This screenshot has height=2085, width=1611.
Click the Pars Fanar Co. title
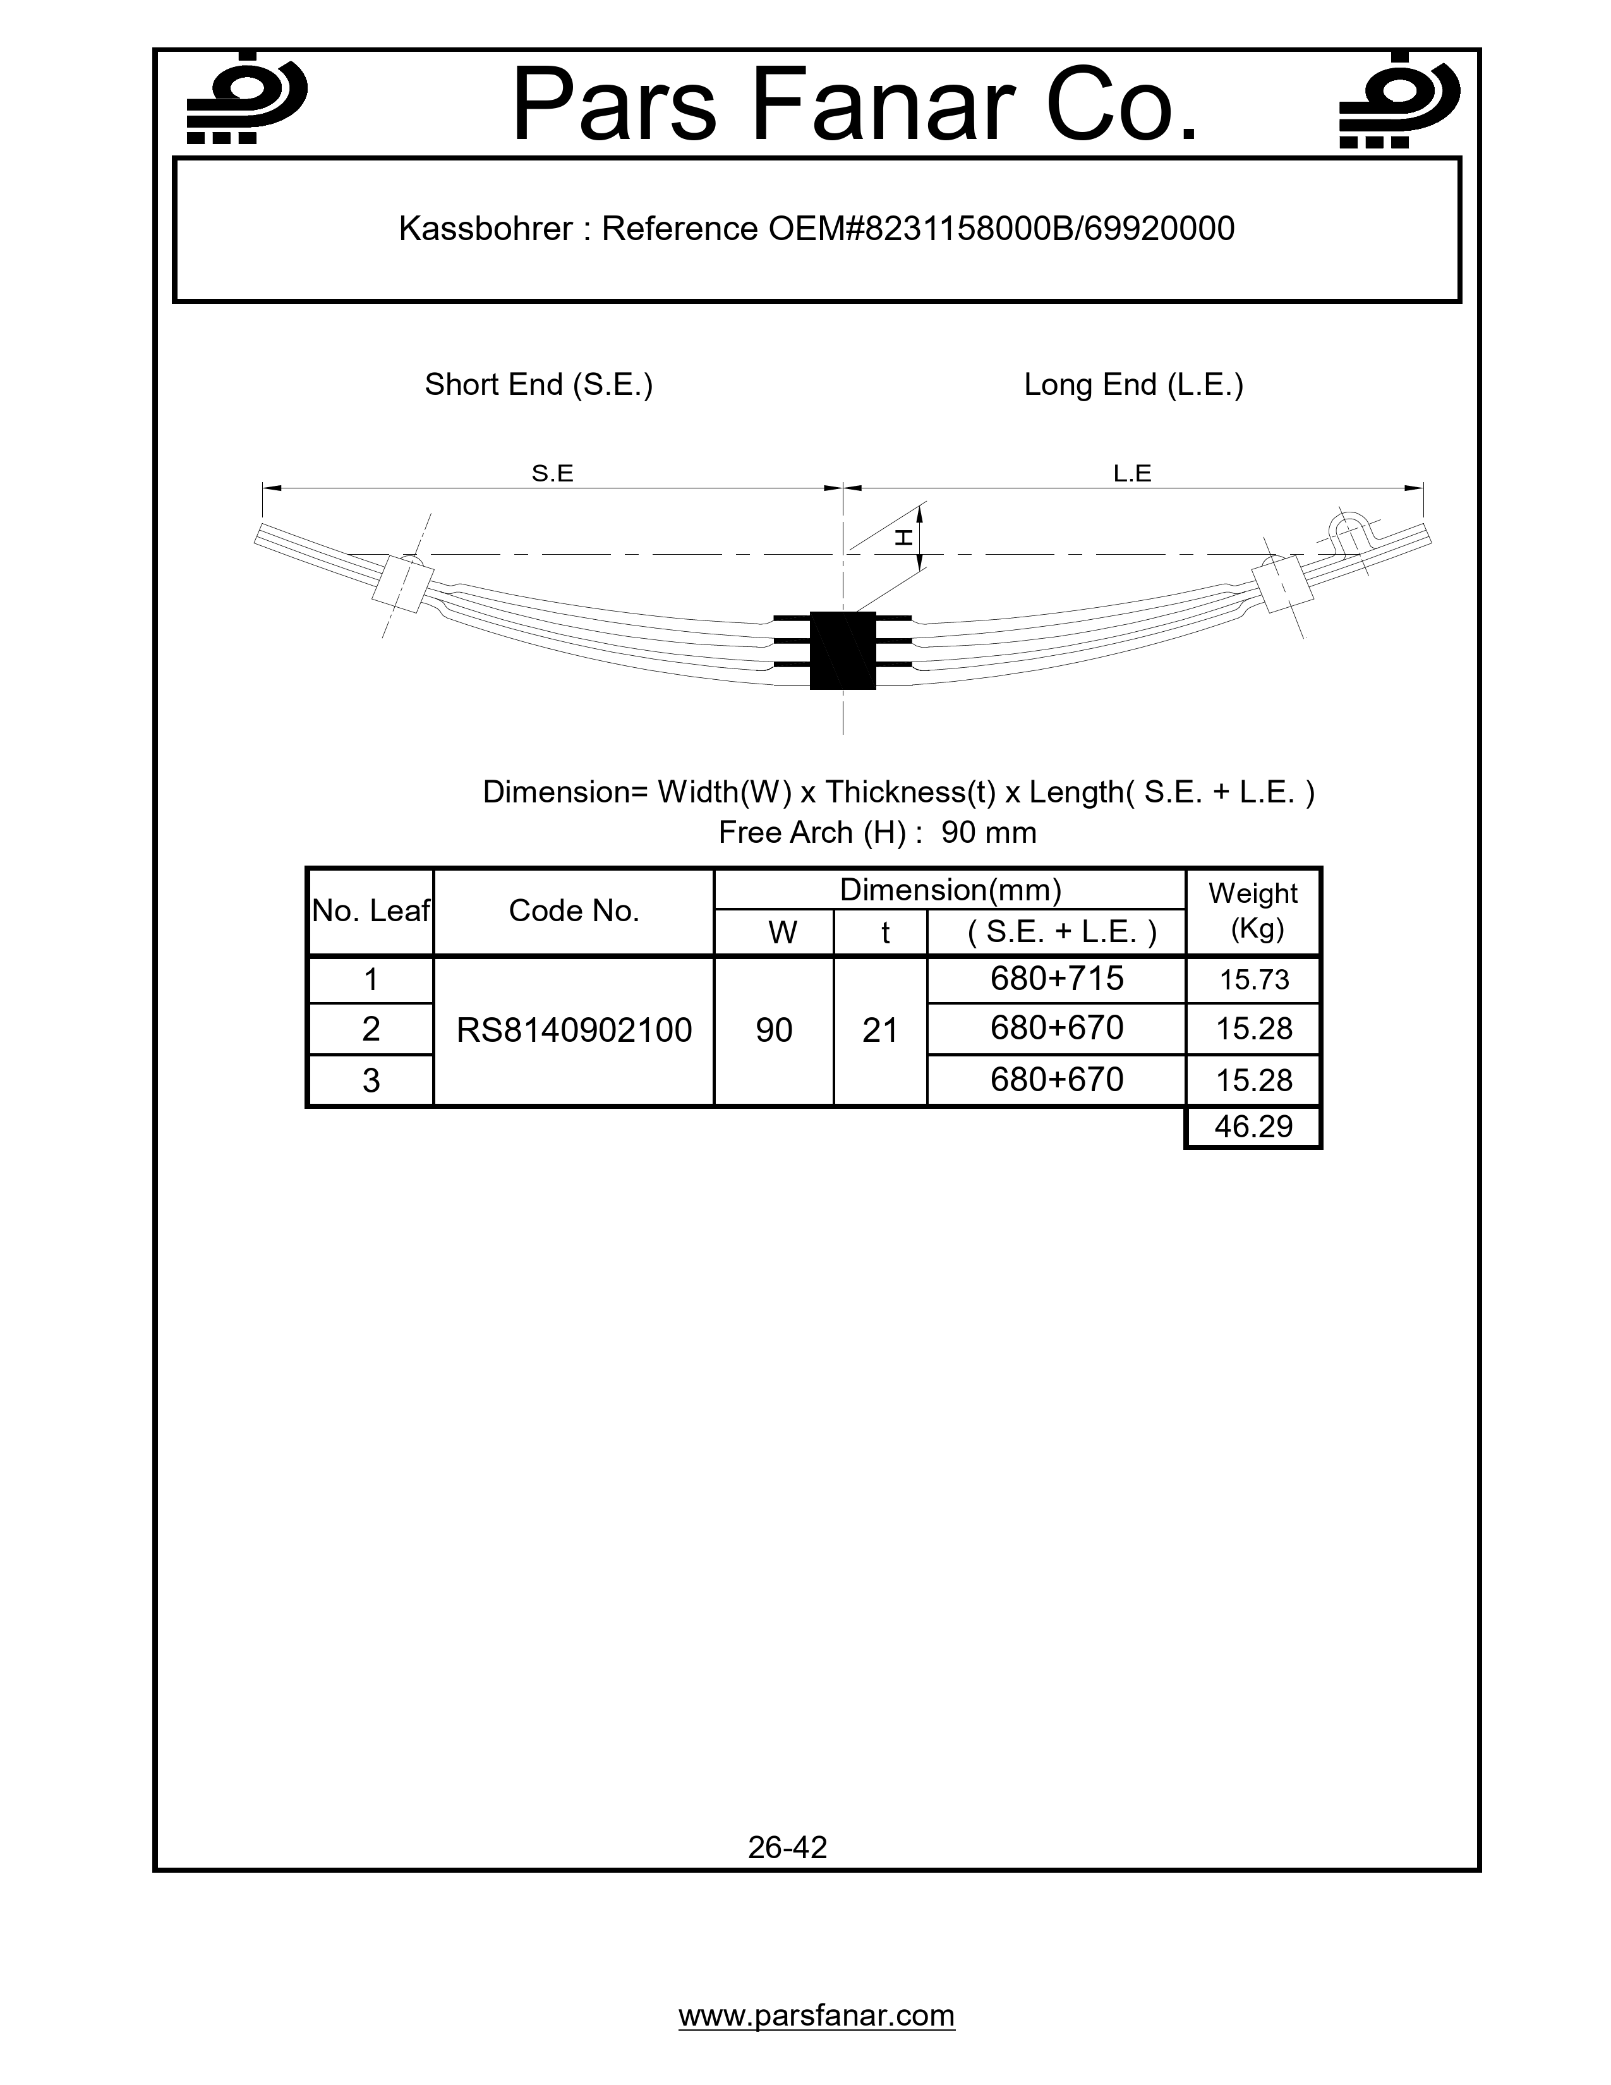click(854, 105)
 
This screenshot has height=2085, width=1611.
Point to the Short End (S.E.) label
click(538, 385)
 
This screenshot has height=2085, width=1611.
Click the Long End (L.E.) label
click(1133, 385)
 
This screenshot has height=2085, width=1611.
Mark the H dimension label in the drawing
click(903, 538)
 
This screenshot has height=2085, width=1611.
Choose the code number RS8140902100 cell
click(574, 1030)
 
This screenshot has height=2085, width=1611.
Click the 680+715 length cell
click(1056, 979)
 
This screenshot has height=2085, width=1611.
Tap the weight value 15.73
click(1253, 979)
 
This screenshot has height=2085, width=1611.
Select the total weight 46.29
click(1253, 1127)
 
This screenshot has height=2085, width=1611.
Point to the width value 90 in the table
click(774, 1030)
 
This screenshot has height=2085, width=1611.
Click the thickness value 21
click(880, 1030)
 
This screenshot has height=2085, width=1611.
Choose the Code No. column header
click(574, 910)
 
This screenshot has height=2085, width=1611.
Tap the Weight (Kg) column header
click(1253, 910)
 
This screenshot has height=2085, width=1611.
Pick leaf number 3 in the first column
click(370, 1080)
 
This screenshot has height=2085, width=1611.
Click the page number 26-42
click(787, 1847)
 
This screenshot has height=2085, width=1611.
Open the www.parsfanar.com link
click(816, 2015)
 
